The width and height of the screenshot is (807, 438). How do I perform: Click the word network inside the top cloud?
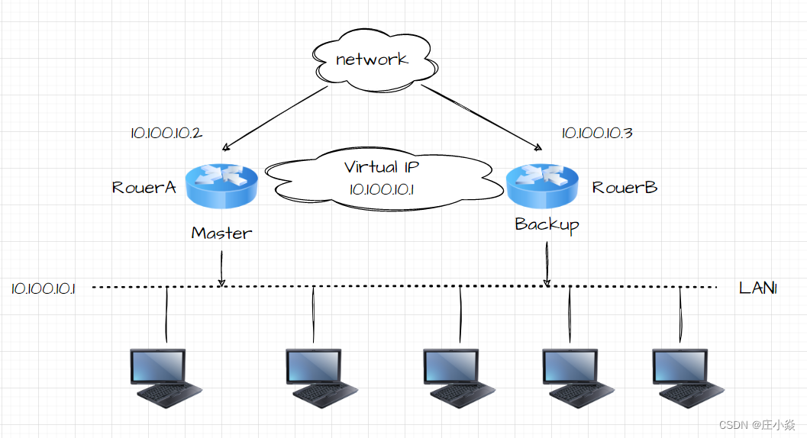[x=372, y=59]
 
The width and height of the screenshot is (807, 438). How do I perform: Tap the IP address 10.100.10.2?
[x=166, y=133]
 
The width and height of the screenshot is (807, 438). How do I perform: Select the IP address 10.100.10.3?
[x=597, y=133]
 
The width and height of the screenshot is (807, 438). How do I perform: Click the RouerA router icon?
[x=221, y=185]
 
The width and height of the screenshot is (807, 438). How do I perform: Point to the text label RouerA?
[x=144, y=187]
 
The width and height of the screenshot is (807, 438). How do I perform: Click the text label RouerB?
[x=625, y=187]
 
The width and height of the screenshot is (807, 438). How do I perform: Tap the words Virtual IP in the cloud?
[x=382, y=167]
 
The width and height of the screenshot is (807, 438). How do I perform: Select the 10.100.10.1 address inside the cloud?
[x=382, y=189]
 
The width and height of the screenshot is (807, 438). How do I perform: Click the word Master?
[x=221, y=233]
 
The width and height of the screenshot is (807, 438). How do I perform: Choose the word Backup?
[x=547, y=224]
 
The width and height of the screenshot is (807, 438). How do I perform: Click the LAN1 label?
[x=757, y=288]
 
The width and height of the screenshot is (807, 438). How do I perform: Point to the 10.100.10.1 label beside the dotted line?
[x=43, y=288]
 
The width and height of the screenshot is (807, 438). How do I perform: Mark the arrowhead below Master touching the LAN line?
[x=221, y=283]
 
